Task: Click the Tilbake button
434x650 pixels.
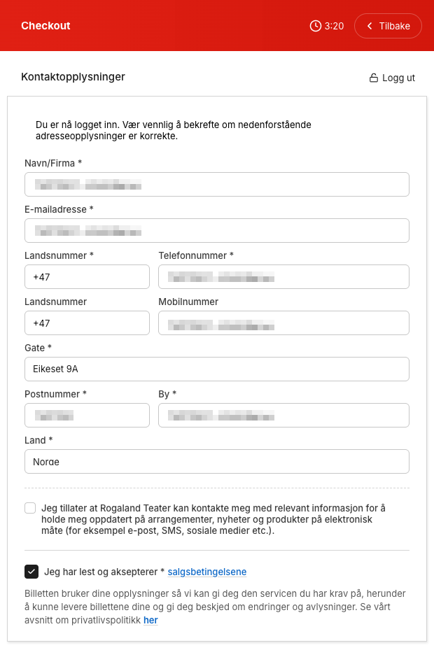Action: point(388,26)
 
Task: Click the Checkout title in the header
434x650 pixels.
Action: point(45,26)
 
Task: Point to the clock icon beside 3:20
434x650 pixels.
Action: point(316,26)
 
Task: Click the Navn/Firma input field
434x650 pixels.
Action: point(216,185)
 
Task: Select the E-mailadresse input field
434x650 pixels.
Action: point(216,231)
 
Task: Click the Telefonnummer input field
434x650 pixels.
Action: point(283,277)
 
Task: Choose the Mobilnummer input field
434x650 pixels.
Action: point(283,323)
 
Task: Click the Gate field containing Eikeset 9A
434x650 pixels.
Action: point(216,369)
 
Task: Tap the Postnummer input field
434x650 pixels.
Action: point(87,416)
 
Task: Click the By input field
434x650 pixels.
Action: point(283,416)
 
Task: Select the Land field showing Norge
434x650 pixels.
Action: point(216,462)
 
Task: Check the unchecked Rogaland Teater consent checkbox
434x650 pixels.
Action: point(30,508)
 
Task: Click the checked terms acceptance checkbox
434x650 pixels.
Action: point(31,572)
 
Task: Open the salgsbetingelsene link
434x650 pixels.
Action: point(207,572)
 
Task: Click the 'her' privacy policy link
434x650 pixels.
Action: point(150,620)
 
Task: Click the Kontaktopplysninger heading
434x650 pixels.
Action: point(73,77)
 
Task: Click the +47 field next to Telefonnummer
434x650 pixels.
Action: point(87,277)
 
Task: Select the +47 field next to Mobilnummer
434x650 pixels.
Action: point(87,323)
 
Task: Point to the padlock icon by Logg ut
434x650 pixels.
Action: point(374,78)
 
